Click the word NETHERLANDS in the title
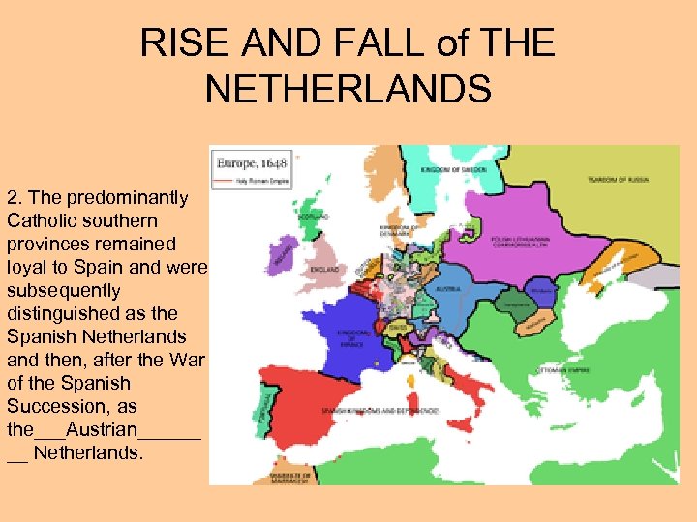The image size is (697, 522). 348,90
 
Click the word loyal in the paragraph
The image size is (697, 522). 28,267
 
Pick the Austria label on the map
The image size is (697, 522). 448,288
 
